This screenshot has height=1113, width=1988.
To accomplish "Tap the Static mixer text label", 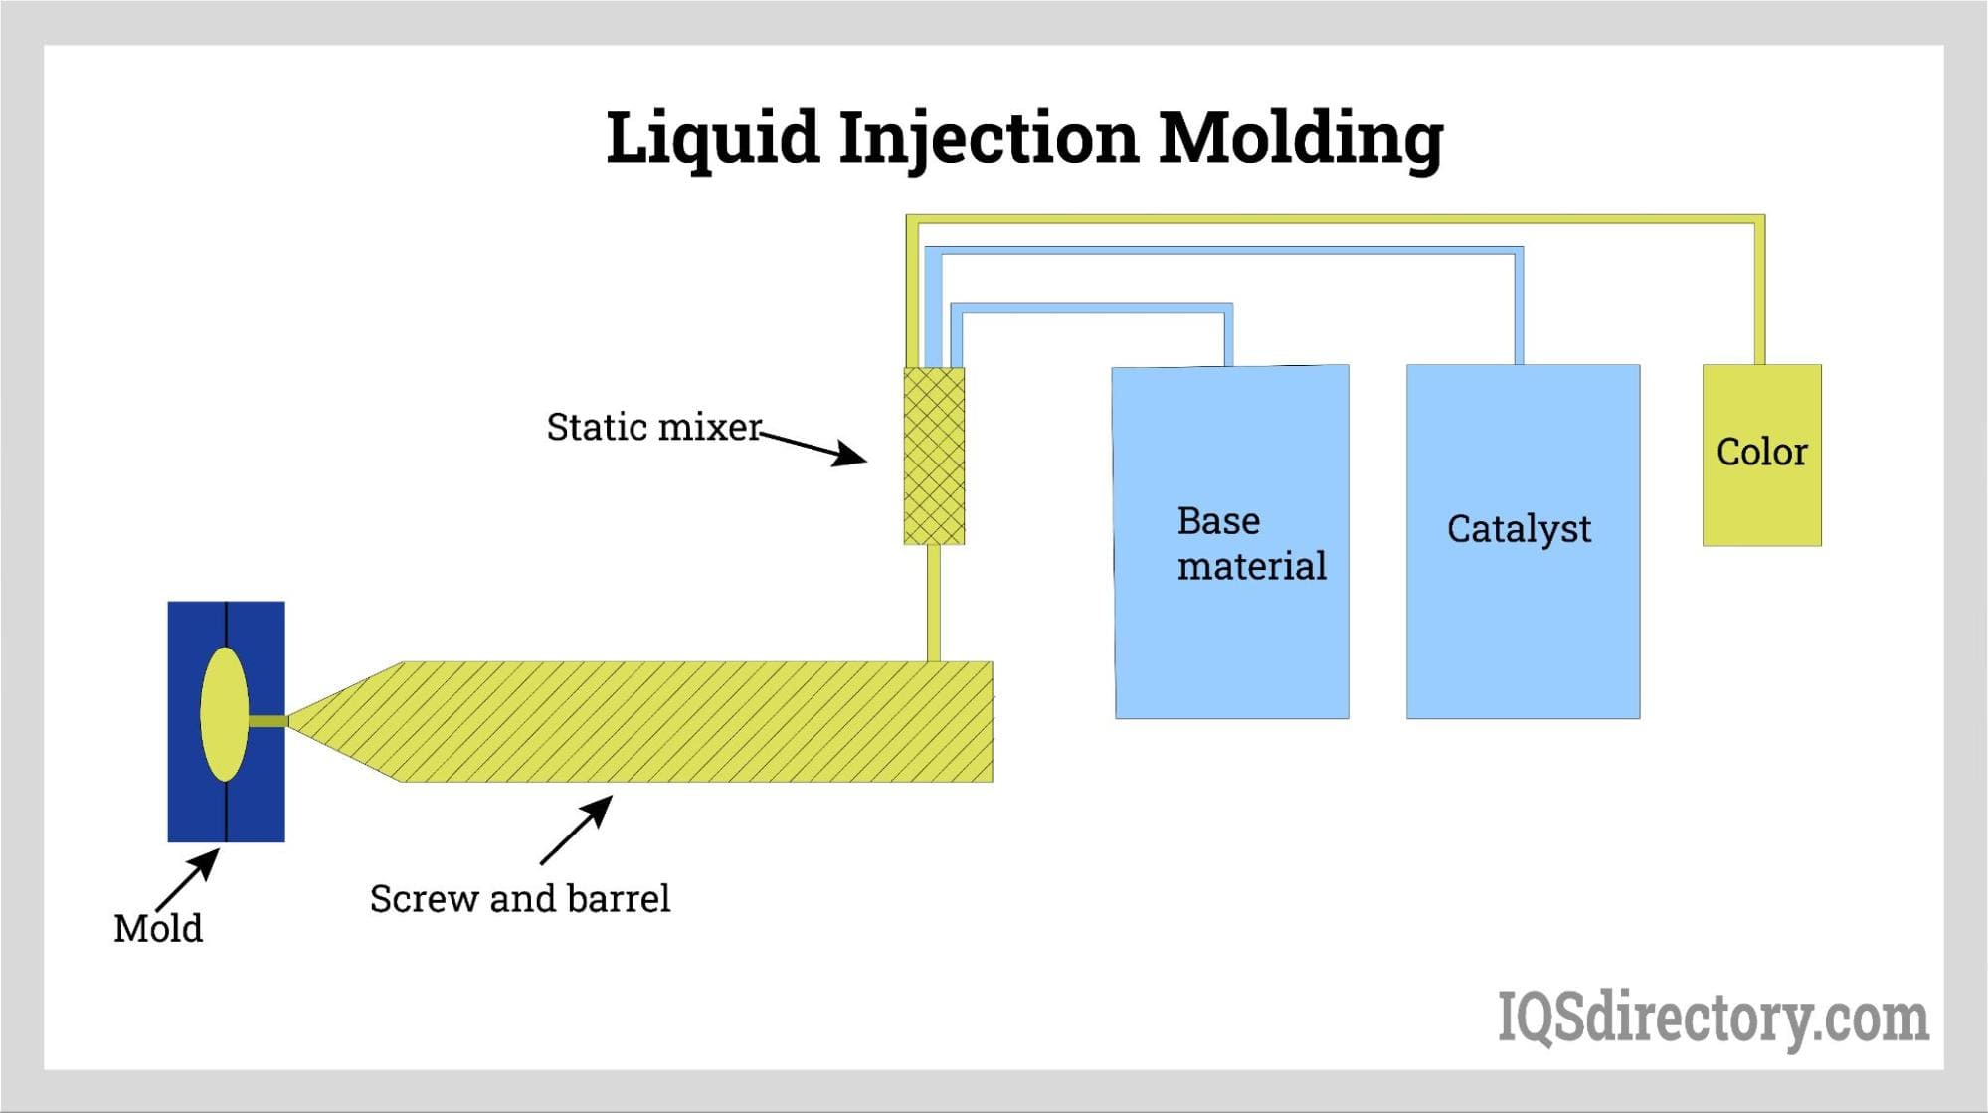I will click(x=653, y=427).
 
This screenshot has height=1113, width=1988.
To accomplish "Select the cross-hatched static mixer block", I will click(x=934, y=456).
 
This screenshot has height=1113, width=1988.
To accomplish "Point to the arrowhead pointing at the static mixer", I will click(x=849, y=456).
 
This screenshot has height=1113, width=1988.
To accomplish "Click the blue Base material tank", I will click(x=1231, y=637).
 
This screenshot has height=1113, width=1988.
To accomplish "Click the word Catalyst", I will click(x=1519, y=529).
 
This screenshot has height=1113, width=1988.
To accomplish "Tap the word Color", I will click(x=1761, y=453).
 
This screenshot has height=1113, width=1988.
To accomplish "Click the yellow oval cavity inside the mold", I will click(x=224, y=713).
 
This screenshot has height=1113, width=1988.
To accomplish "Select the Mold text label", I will click(x=158, y=929).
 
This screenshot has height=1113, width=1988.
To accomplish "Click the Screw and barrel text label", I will click(x=520, y=899).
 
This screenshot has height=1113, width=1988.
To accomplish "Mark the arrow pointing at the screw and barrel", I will click(x=577, y=830).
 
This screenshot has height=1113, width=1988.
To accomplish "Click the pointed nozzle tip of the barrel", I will click(x=298, y=721).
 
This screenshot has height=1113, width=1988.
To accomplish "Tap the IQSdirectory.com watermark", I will click(x=1713, y=1019).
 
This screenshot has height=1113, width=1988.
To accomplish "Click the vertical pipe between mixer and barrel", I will click(x=933, y=602).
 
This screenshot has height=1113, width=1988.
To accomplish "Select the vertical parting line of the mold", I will click(x=227, y=816).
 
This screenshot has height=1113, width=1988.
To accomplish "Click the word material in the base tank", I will click(x=1251, y=567).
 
